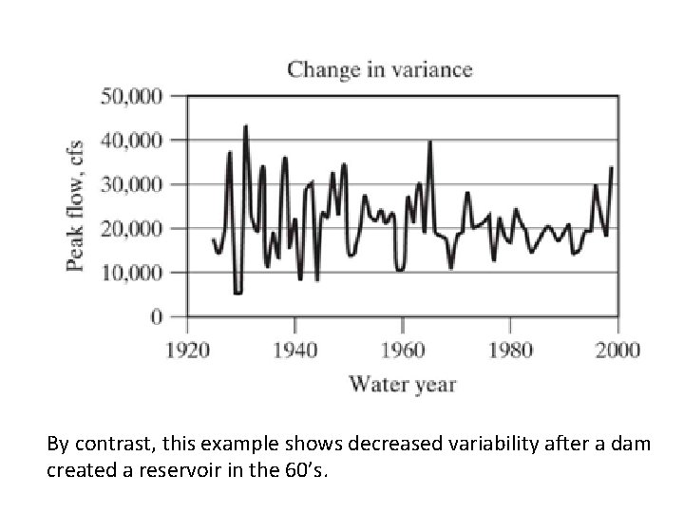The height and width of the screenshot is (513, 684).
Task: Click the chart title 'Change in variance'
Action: pos(379,69)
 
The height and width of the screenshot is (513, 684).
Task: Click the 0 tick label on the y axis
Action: pos(157,316)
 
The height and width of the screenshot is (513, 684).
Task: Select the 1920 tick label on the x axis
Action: pos(186,350)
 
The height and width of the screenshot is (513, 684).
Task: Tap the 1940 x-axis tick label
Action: pos(294,350)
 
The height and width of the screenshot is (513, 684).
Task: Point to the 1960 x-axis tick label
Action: pos(403,350)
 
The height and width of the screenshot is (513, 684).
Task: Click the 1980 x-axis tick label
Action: pos(510,350)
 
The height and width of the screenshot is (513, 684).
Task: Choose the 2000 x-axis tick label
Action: pos(618,350)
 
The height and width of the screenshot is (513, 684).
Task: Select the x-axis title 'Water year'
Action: pos(402,385)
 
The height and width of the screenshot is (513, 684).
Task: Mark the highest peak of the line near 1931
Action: pos(245,125)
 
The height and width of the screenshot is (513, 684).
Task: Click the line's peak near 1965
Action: pos(430,142)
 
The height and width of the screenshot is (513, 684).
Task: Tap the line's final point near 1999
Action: pos(611,167)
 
